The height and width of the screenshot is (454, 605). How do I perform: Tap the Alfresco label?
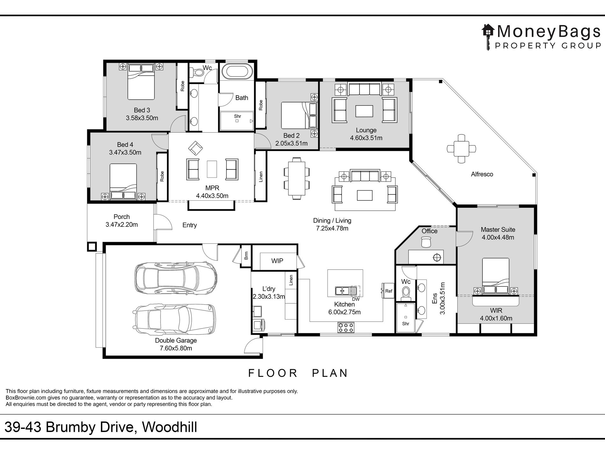482,174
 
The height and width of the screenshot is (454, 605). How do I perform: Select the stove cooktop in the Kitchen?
346,328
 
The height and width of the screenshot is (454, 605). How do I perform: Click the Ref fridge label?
388,291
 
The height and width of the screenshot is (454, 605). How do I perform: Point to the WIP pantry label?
277,261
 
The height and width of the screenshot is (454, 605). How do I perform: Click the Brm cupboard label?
246,256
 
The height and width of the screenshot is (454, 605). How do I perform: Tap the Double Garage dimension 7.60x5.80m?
176,348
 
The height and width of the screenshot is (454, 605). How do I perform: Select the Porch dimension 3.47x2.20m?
122,225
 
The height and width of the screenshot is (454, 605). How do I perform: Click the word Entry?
189,225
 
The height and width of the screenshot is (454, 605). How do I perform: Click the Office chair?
425,243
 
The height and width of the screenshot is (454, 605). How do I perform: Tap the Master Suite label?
498,230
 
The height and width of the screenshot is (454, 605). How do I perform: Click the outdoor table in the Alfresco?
461,149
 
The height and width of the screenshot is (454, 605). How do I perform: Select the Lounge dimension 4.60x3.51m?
366,138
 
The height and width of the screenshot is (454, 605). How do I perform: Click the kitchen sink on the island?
342,291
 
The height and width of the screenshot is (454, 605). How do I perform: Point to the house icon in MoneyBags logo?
488,31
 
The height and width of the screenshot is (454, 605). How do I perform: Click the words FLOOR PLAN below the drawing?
298,373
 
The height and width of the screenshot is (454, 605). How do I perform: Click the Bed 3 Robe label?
182,86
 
